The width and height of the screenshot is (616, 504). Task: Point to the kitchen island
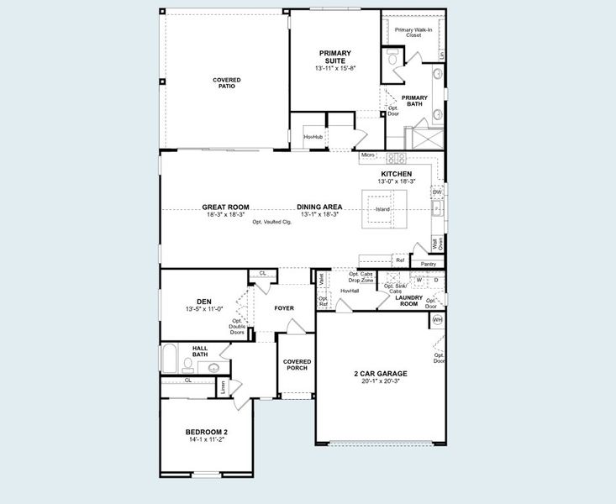click(x=383, y=208)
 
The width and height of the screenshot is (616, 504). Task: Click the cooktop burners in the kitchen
click(x=396, y=157)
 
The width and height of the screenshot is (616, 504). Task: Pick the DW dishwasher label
click(x=437, y=192)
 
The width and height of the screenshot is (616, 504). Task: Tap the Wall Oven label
click(x=437, y=244)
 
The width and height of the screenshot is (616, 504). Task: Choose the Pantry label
click(x=428, y=264)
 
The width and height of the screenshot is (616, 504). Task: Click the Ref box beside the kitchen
click(x=400, y=260)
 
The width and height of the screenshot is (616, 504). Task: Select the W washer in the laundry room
click(x=419, y=280)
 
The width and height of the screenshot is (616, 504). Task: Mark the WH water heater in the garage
click(x=437, y=320)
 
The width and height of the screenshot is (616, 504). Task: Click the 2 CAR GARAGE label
click(x=381, y=373)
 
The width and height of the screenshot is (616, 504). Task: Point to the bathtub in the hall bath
click(x=169, y=360)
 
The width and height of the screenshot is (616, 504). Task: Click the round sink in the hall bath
click(x=213, y=368)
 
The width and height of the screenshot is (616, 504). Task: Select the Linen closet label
click(x=224, y=386)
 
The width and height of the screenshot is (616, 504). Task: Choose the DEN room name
click(x=203, y=302)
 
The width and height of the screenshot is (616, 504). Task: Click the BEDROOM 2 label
click(x=206, y=433)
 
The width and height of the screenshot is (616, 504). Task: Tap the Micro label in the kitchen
click(x=367, y=155)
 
